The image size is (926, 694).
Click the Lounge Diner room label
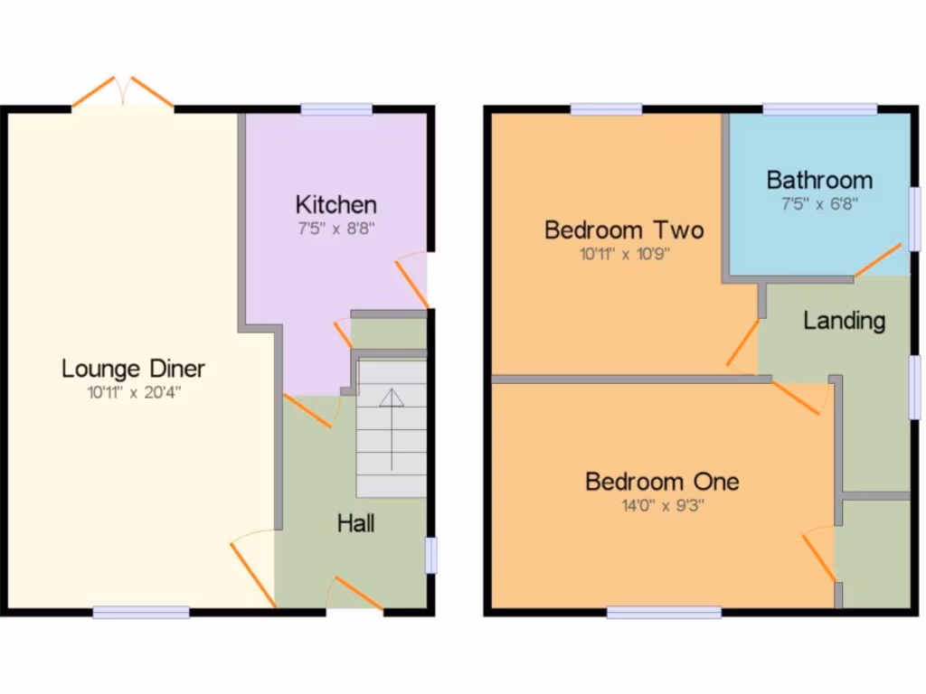(133, 369)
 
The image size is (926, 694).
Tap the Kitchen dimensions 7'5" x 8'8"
(336, 229)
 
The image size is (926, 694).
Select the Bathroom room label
(819, 180)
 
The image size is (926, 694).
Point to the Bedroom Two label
(624, 230)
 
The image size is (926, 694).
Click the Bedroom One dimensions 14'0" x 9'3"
(662, 505)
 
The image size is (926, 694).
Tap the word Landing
(844, 321)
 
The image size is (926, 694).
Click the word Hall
(356, 523)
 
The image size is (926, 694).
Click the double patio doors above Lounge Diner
(123, 94)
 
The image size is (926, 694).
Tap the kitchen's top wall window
(336, 109)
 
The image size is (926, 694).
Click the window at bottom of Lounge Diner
(141, 612)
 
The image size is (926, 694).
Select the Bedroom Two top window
(606, 109)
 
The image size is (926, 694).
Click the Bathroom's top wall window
(819, 109)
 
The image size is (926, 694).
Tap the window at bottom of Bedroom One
(664, 612)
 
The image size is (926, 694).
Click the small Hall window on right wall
(431, 555)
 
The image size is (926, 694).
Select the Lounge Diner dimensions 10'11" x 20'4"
(133, 392)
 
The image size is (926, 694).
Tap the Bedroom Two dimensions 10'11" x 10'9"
(624, 255)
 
